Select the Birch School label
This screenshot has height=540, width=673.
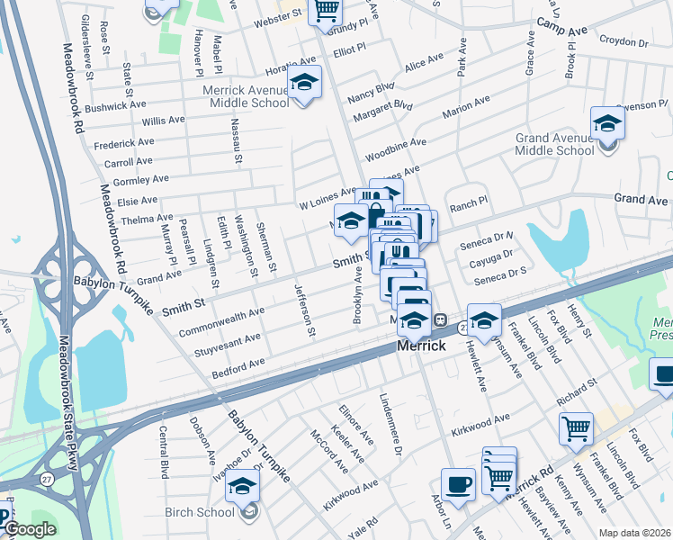coord(200,513)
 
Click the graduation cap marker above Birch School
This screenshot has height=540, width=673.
coord(242,487)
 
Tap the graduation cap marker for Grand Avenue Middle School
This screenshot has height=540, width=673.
coord(607,122)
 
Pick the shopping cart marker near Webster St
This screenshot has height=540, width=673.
coord(326,11)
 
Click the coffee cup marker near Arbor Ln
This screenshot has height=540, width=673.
coord(458,483)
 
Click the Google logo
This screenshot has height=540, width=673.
coord(30,530)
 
